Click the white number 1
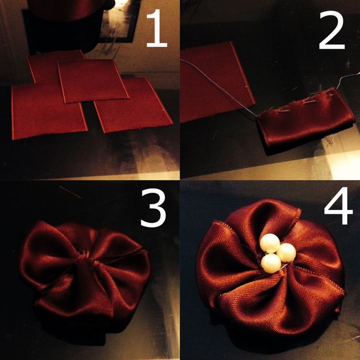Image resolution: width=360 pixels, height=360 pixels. [157, 28]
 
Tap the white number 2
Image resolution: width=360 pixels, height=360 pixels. [332, 30]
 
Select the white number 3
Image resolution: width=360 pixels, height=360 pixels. [153, 208]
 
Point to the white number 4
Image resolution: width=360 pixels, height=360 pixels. [338, 205]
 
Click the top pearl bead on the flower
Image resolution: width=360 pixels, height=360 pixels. [270, 243]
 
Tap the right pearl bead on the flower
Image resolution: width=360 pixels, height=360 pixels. [286, 253]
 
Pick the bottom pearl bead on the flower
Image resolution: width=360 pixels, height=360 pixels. [271, 263]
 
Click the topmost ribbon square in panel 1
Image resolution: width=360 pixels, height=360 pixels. [93, 80]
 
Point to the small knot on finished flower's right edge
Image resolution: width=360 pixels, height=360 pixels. [337, 311]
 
